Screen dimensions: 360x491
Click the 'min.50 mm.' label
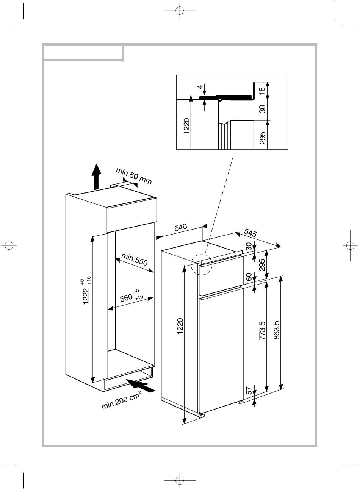pyautogui.click(x=134, y=176)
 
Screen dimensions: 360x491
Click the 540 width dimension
pyautogui.click(x=181, y=227)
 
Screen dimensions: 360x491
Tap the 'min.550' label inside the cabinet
pyautogui.click(x=135, y=259)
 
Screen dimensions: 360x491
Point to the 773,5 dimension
pyautogui.click(x=263, y=330)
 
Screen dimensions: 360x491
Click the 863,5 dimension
pyautogui.click(x=277, y=330)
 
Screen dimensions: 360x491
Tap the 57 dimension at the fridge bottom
pyautogui.click(x=249, y=391)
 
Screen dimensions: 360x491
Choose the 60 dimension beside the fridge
pyautogui.click(x=249, y=277)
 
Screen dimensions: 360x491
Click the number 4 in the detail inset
pyautogui.click(x=200, y=87)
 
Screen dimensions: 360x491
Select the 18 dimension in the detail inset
pyautogui.click(x=262, y=91)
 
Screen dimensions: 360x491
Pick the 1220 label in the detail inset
pyautogui.click(x=186, y=126)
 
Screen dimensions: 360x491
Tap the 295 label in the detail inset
pyautogui.click(x=263, y=138)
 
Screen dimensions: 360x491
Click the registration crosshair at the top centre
pyautogui.click(x=180, y=10)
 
